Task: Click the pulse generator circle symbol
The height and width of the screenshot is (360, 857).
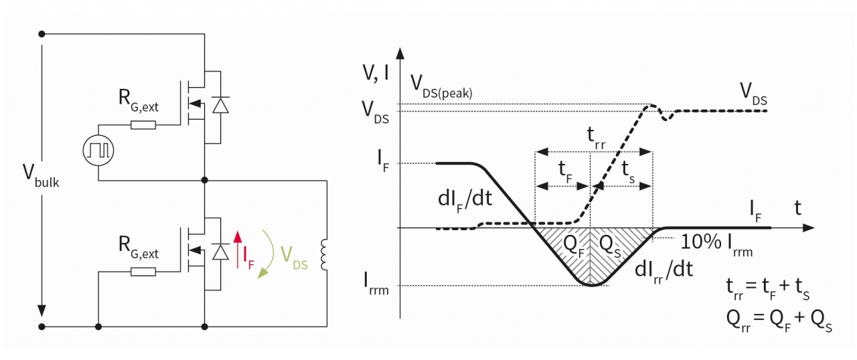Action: (99, 150)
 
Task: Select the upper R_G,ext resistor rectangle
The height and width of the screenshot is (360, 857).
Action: (143, 124)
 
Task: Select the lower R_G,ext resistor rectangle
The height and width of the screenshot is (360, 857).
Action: (143, 271)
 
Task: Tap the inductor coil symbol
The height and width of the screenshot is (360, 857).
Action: (325, 254)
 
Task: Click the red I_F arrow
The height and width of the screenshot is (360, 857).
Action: (236, 248)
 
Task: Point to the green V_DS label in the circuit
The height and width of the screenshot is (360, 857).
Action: (293, 258)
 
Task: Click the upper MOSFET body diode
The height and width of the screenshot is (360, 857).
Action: (218, 106)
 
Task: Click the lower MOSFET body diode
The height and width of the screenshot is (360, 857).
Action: (218, 252)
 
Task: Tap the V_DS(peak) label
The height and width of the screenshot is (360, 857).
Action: (442, 86)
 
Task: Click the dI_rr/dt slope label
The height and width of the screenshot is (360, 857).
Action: (663, 271)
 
